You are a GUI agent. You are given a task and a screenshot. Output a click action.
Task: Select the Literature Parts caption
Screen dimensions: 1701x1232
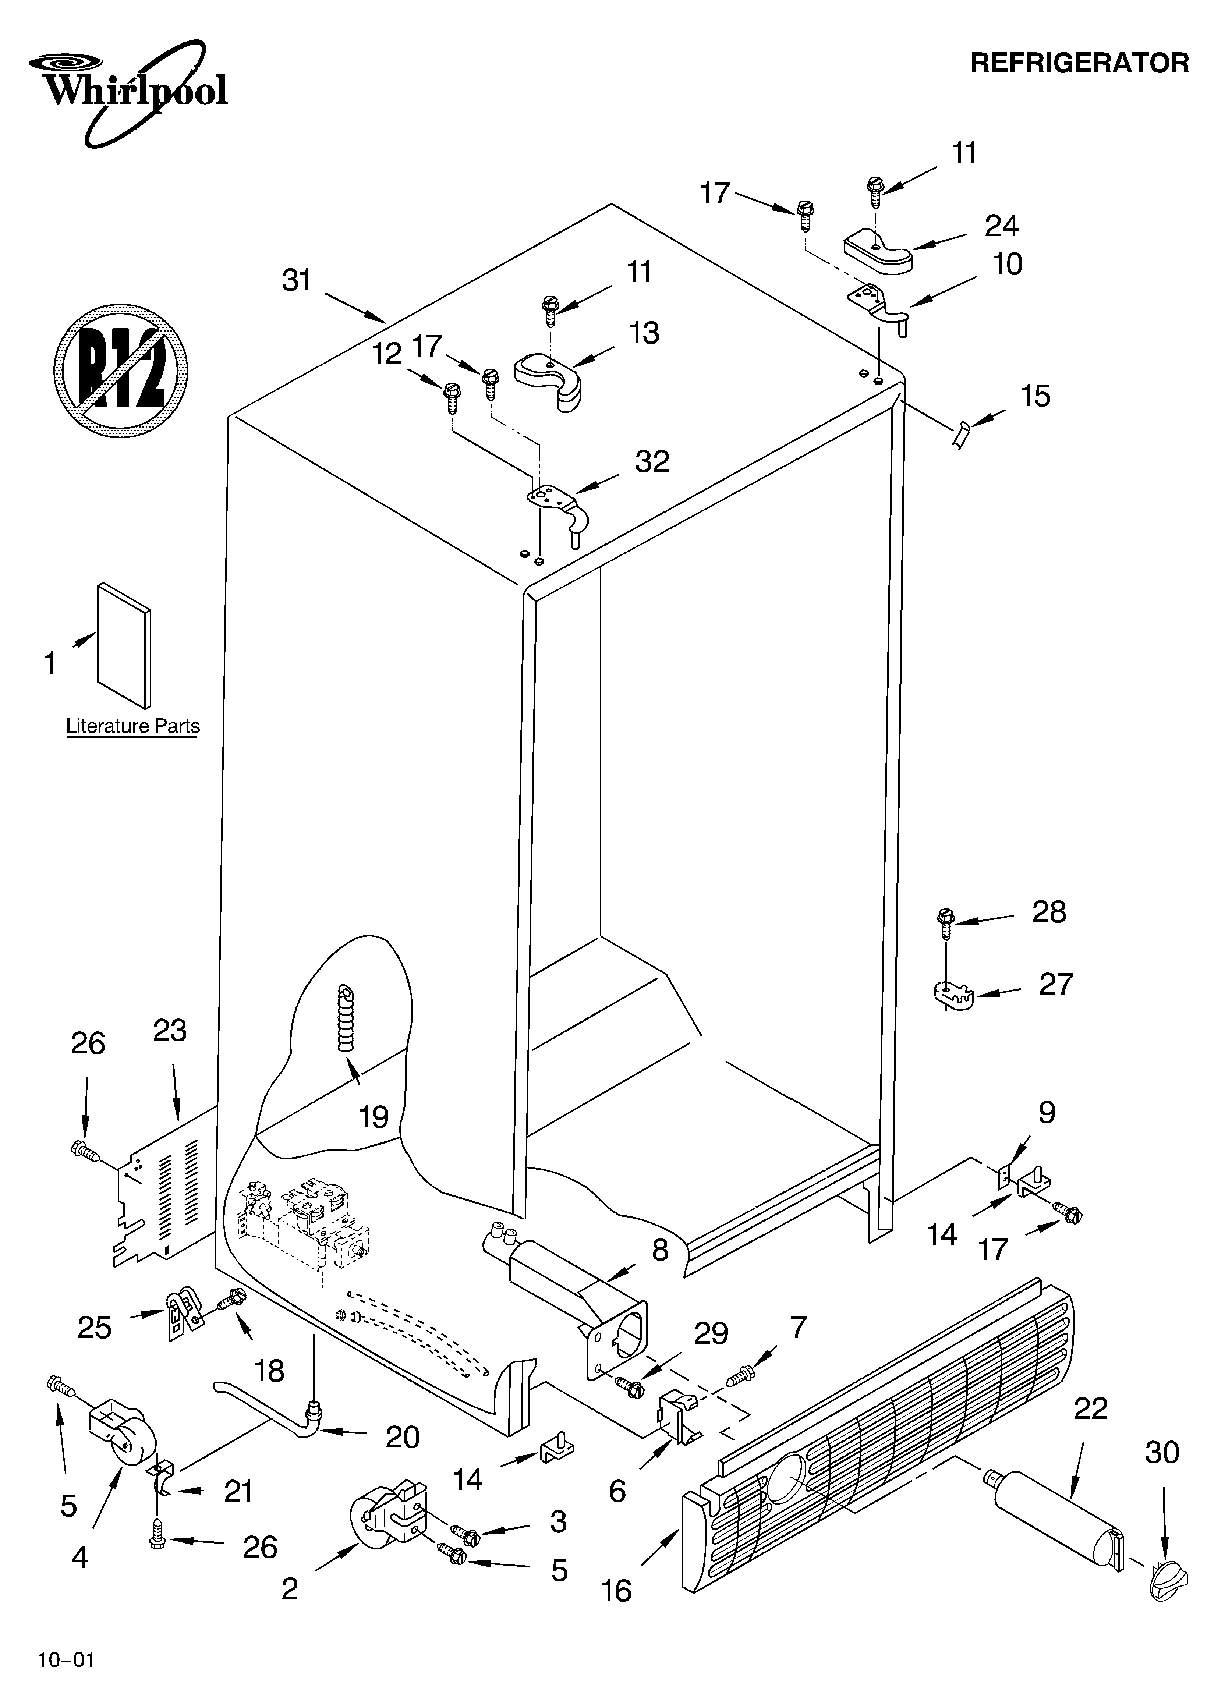133,726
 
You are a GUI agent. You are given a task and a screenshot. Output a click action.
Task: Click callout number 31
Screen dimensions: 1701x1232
296,280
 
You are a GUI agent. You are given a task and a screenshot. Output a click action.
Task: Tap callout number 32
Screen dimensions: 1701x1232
652,461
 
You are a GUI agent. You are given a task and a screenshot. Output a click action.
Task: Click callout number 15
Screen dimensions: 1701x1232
1035,396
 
